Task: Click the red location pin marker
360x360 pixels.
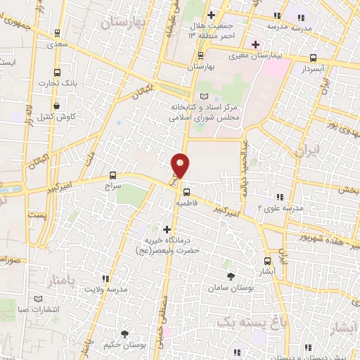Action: [181, 166]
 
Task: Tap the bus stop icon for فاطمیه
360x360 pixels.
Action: [185, 191]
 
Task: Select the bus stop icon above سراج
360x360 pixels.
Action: [112, 175]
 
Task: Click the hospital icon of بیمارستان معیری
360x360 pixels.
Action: [255, 45]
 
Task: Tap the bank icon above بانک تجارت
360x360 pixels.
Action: [58, 72]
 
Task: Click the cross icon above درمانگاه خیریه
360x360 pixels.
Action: [167, 229]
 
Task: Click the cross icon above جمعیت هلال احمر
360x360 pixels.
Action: [212, 14]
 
